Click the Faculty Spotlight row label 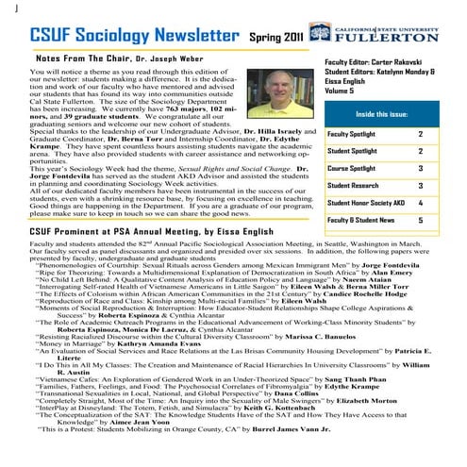(353, 134)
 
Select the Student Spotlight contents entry (353, 151)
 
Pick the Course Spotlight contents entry (352, 168)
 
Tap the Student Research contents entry (352, 185)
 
